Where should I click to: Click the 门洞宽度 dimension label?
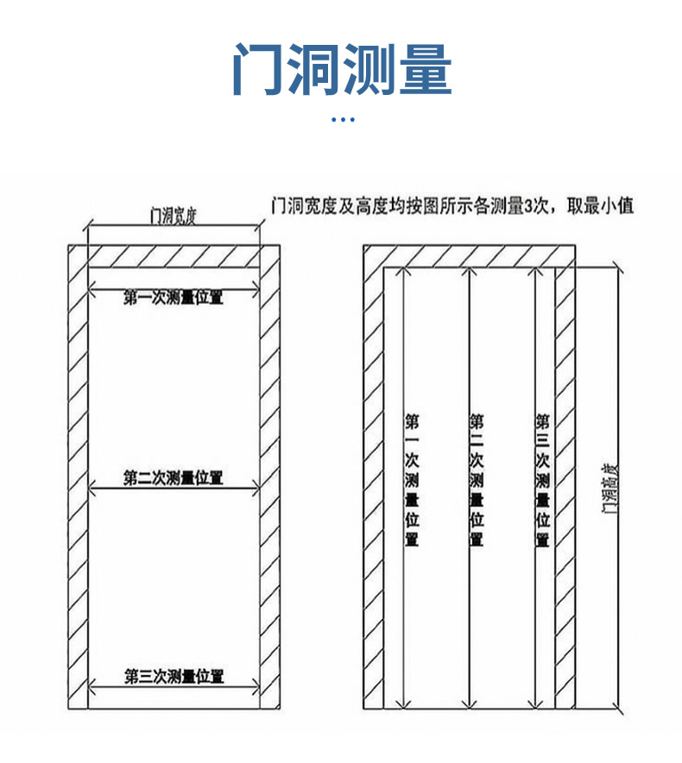click(174, 215)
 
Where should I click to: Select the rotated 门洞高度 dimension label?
click(610, 488)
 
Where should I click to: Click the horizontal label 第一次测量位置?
click(174, 299)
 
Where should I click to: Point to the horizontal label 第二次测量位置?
click(174, 477)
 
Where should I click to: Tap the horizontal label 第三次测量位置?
click(174, 676)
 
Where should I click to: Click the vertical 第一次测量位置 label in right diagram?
click(413, 480)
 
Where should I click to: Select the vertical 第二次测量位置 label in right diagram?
click(477, 480)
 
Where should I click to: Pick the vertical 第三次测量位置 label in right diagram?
click(542, 480)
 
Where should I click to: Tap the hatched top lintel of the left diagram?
click(174, 256)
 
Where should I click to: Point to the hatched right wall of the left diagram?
click(269, 483)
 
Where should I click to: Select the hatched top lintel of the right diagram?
click(466, 256)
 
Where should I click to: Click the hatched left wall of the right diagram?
click(373, 483)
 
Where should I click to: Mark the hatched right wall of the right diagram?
click(565, 483)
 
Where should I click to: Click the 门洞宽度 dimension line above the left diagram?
click(174, 227)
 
